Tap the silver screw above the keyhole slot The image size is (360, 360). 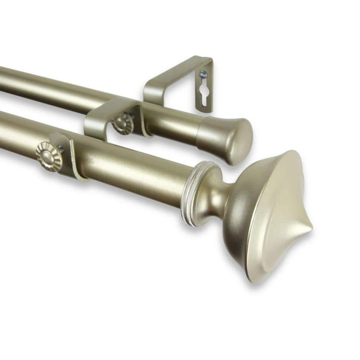203,75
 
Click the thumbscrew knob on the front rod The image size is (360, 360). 49,156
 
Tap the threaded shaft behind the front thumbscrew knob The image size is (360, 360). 60,149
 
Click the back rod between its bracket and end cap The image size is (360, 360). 176,124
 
